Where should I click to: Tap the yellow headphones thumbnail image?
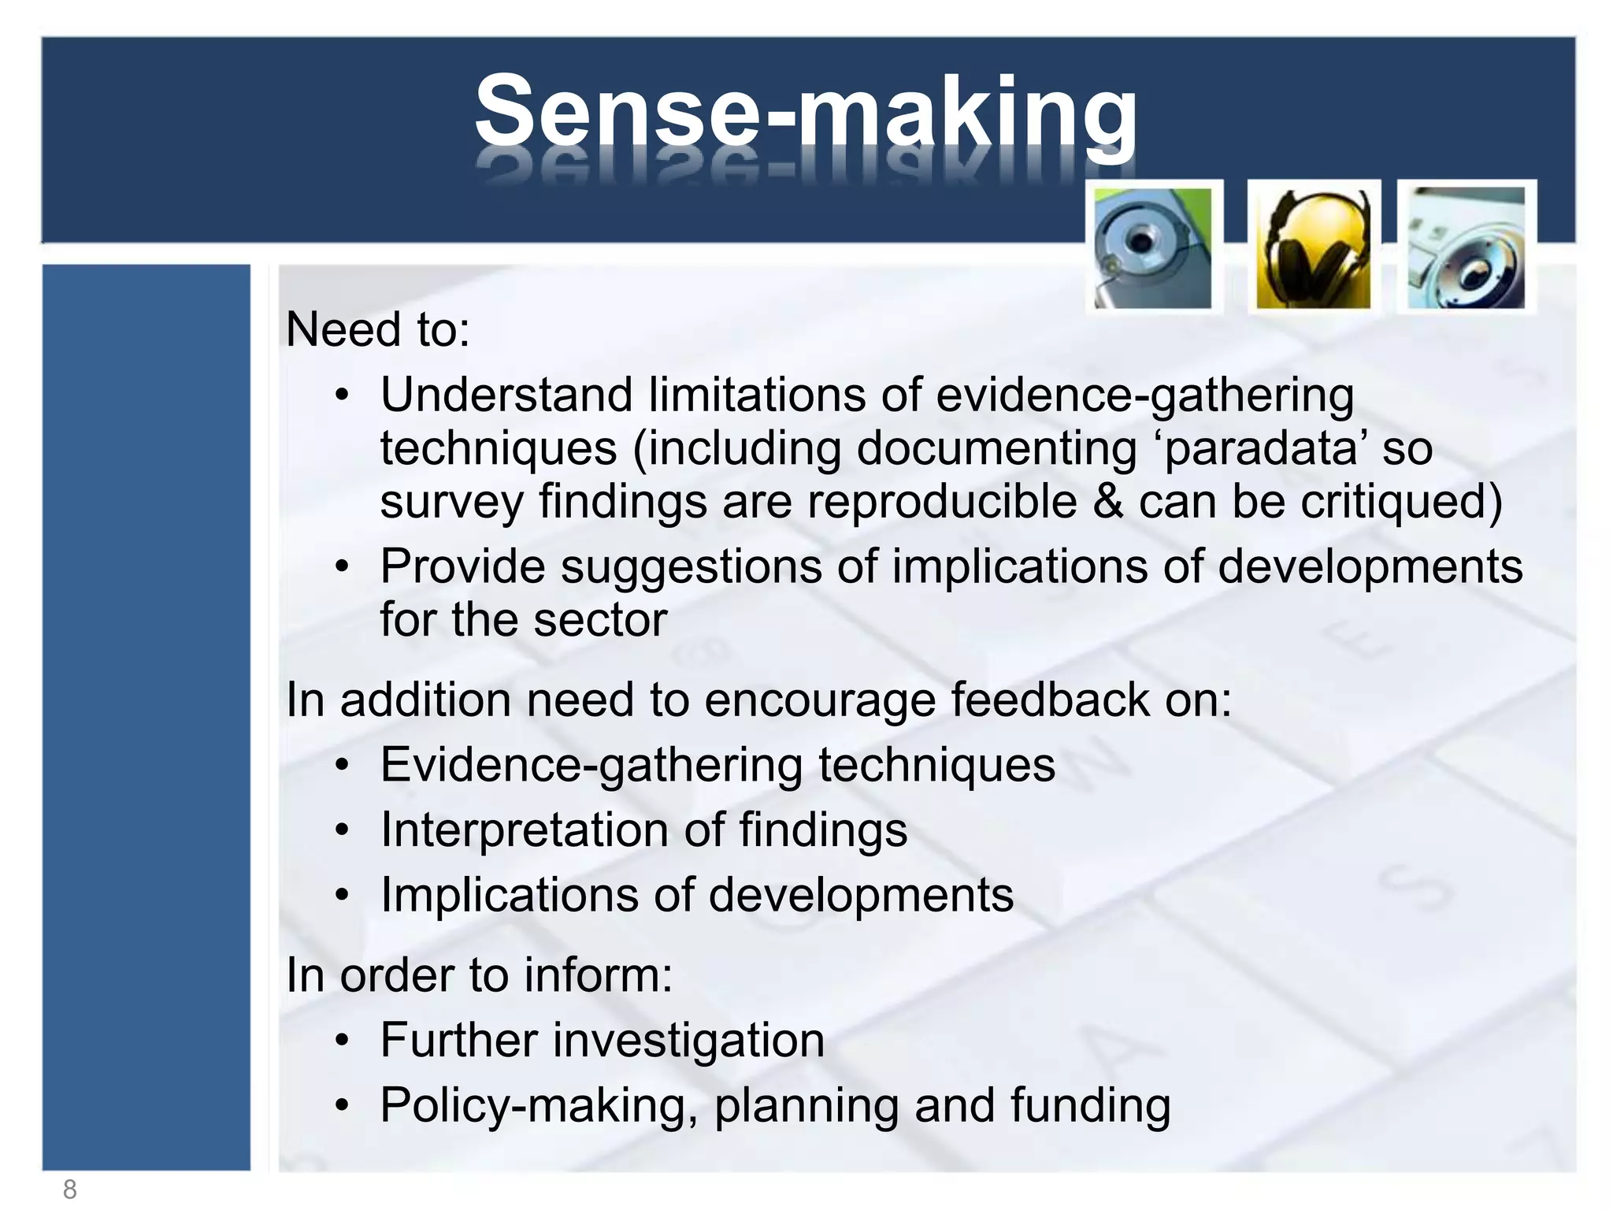(1313, 248)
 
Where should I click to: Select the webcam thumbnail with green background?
(1153, 248)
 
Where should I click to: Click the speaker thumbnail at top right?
(1467, 248)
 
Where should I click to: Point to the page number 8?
(69, 1190)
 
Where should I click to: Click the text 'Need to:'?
(377, 329)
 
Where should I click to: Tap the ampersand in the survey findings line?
(1108, 502)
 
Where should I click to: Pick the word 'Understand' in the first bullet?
(506, 394)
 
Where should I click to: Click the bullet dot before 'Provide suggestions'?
(341, 567)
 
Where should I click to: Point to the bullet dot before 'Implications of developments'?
(341, 896)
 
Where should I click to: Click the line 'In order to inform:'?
(479, 975)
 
